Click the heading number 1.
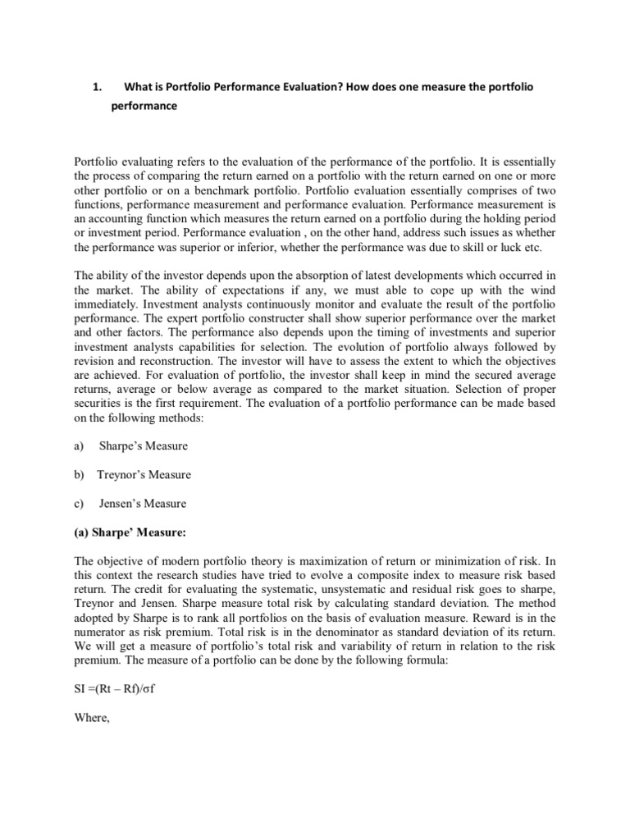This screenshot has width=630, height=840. point(95,87)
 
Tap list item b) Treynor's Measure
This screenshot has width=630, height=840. point(144,474)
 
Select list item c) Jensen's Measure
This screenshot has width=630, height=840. point(142,504)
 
